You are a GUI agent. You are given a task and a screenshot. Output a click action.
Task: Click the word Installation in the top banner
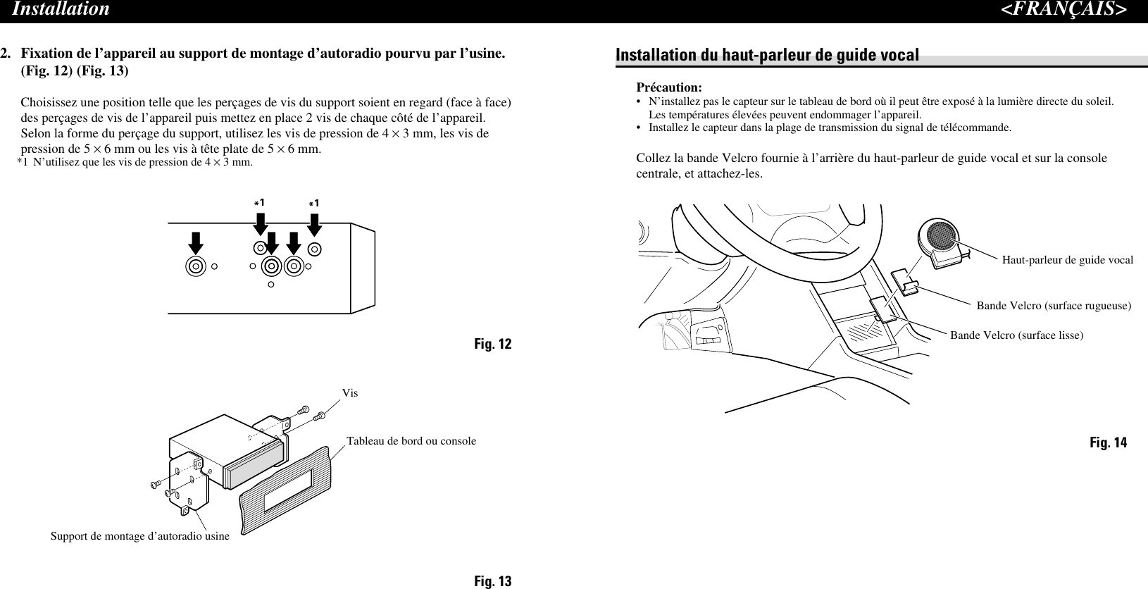61,9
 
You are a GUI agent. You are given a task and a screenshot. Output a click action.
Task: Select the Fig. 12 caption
492,344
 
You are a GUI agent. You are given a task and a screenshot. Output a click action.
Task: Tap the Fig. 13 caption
492,581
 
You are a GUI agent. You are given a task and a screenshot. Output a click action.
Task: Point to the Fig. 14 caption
1108,442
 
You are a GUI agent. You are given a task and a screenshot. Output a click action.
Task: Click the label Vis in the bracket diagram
350,393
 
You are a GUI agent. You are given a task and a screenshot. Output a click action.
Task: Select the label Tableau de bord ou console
411,441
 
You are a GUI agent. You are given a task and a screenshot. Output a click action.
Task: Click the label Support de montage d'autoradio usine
140,536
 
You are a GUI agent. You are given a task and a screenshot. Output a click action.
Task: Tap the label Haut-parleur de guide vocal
1067,260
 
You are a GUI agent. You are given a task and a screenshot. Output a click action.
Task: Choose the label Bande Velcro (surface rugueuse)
1054,306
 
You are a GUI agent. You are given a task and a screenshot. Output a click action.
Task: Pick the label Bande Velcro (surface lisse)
1016,335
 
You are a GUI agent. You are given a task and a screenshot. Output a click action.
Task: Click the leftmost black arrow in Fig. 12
196,244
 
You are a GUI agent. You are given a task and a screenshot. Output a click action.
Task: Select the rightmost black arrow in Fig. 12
315,226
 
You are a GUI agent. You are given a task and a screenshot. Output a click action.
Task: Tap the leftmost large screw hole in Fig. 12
196,266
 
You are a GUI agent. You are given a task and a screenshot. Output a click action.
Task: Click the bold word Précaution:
669,87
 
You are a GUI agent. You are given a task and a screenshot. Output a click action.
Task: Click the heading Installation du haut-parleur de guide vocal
768,55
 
